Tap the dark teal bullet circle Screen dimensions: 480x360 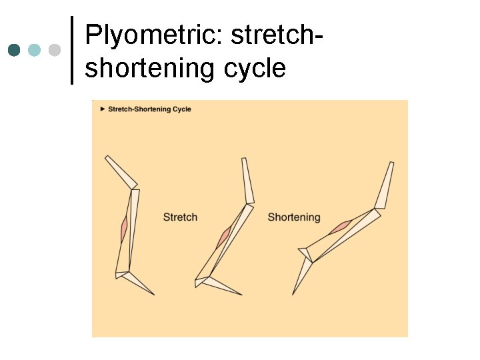[x=14, y=50]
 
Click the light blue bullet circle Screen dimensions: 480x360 [x=35, y=50]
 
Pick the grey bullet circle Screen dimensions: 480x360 [x=55, y=50]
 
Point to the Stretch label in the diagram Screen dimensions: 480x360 [x=180, y=217]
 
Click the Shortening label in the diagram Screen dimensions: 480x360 [x=294, y=217]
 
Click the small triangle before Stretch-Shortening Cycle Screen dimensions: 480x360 [x=103, y=109]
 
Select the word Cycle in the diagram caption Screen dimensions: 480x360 [x=181, y=109]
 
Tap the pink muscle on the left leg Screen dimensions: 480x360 [x=124, y=231]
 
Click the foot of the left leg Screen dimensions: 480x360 [x=141, y=283]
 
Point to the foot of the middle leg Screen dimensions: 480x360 [x=223, y=285]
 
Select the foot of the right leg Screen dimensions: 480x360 [x=301, y=275]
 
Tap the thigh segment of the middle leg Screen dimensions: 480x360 [x=247, y=181]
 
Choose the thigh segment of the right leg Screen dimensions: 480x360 [x=384, y=185]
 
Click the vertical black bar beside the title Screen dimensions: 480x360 [x=72, y=51]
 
